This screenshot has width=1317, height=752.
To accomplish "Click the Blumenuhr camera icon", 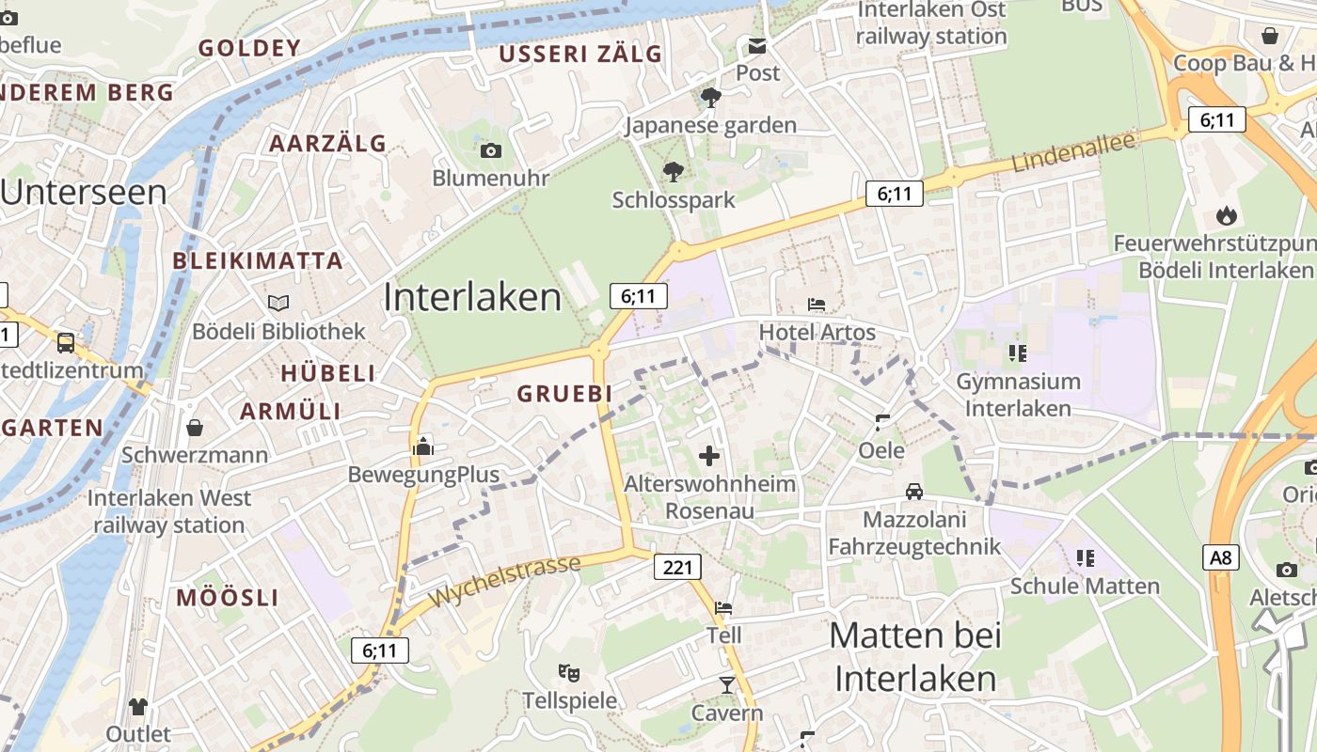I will [x=490, y=150].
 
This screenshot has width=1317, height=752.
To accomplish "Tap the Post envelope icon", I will [x=757, y=46].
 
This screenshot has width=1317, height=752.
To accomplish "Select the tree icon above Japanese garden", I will [x=711, y=97].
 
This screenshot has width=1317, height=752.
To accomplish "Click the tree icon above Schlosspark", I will [x=673, y=171].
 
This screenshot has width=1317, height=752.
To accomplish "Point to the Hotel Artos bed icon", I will [x=817, y=305].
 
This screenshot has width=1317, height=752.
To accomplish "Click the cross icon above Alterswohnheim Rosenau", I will [x=709, y=457].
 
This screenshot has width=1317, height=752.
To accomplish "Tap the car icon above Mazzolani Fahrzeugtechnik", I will [x=913, y=492].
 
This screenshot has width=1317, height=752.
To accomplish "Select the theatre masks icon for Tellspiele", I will [x=568, y=672].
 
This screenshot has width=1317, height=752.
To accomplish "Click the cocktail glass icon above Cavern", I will [x=726, y=684].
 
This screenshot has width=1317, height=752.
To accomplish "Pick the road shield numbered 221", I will [x=677, y=567].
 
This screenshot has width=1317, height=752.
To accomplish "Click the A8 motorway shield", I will [x=1220, y=557].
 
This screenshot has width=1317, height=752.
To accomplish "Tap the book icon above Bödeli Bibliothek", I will [x=278, y=303].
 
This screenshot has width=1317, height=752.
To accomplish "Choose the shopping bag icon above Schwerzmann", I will [x=195, y=428].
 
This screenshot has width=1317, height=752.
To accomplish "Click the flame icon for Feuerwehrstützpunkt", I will [x=1226, y=215].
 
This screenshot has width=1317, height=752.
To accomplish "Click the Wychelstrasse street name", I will [x=505, y=581].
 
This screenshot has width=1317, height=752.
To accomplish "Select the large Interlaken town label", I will [x=472, y=297].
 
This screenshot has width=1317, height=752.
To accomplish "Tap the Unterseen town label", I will [x=83, y=192].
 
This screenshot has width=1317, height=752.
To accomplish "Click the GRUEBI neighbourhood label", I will [x=564, y=394].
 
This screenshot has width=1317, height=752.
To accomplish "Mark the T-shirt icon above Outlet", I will [x=138, y=706].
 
